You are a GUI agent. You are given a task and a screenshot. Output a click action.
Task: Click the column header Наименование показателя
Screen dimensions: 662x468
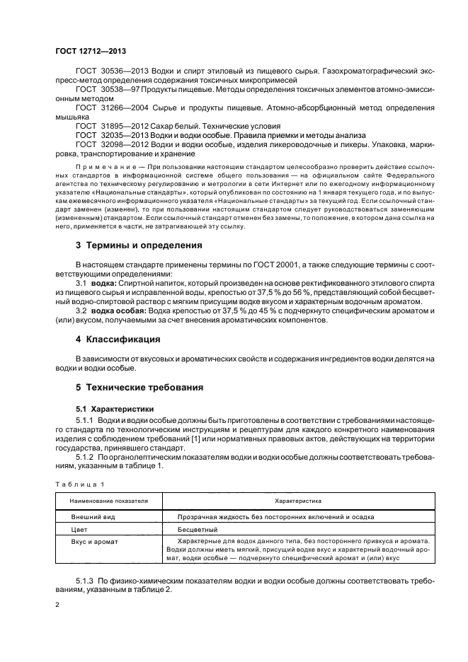click(109, 500)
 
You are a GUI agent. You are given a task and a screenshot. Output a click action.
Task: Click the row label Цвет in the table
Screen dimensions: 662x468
click(79, 529)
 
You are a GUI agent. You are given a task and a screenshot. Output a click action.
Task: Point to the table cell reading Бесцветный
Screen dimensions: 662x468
click(198, 529)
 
